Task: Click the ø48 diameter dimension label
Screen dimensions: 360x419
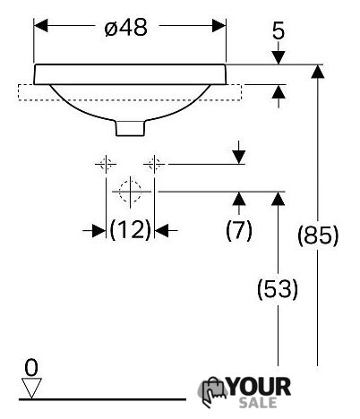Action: tap(126, 28)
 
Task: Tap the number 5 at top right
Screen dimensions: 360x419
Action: tap(279, 31)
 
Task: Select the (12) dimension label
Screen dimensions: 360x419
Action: tap(131, 230)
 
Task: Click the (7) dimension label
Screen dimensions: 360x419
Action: tap(239, 230)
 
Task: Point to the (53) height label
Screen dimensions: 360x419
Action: tap(278, 289)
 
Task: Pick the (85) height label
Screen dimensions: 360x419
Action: tap(318, 235)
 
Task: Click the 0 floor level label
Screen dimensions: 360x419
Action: tap(31, 368)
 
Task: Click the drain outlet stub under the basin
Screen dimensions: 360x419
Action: tap(131, 128)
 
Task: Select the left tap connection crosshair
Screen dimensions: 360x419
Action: tap(106, 164)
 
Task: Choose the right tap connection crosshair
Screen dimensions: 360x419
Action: tap(154, 164)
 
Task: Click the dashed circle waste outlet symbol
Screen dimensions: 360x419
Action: tap(130, 192)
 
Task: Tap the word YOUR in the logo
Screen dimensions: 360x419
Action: tap(259, 387)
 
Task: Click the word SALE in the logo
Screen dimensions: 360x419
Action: tap(258, 403)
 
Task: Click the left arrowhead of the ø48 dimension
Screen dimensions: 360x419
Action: tap(40, 26)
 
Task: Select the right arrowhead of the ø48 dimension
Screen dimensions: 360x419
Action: tap(219, 26)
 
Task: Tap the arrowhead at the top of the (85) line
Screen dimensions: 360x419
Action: tap(318, 72)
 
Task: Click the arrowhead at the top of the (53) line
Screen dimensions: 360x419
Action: tap(279, 199)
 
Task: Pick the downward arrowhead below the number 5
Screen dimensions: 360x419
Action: tap(279, 57)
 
